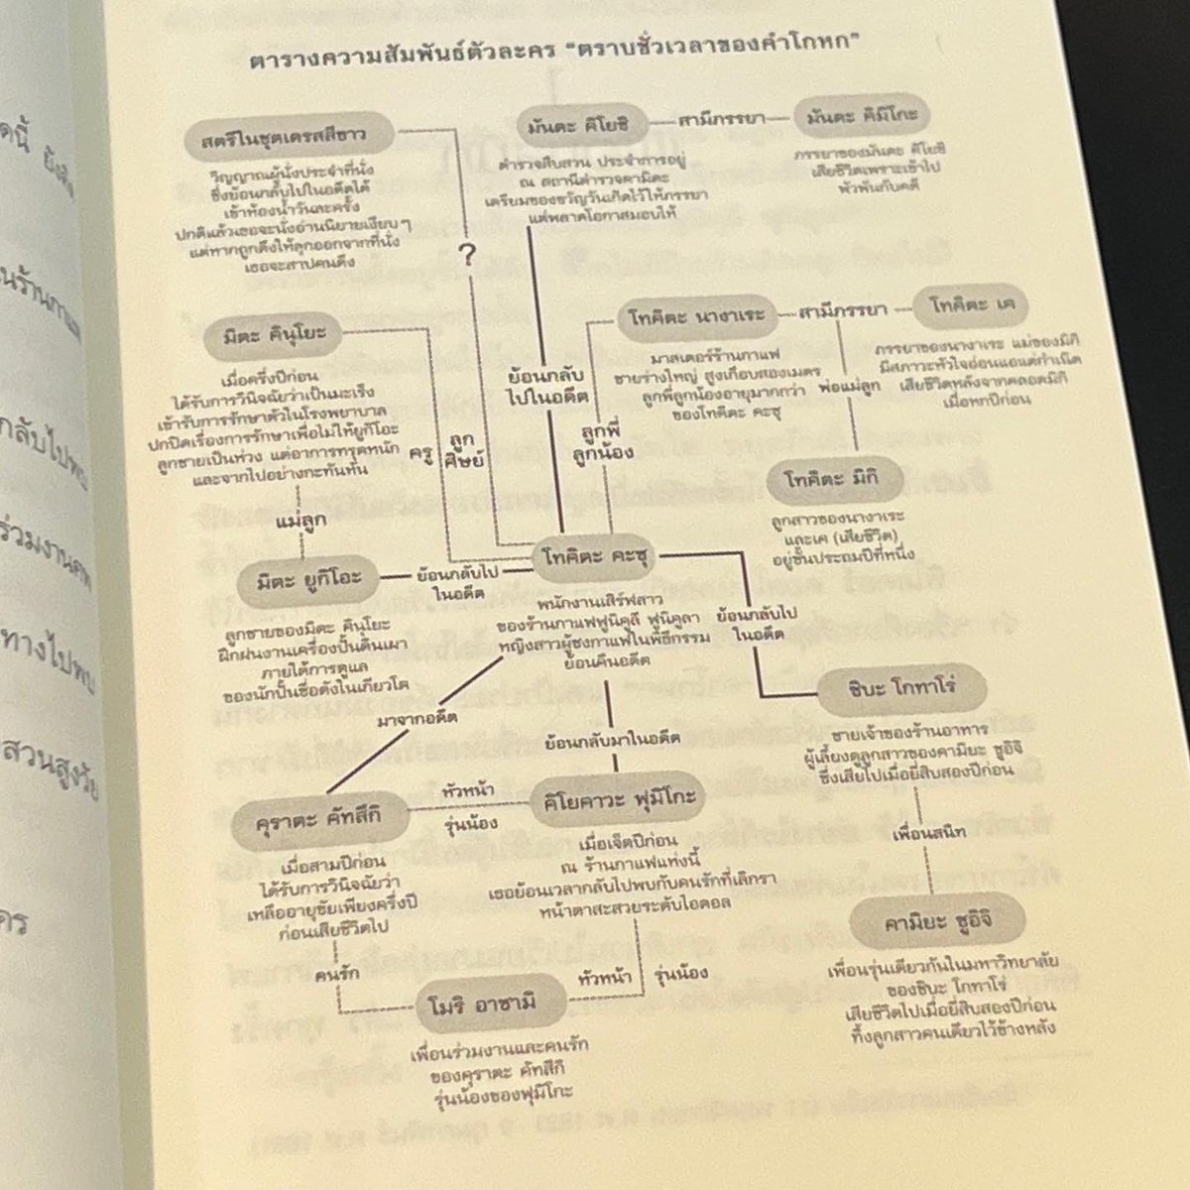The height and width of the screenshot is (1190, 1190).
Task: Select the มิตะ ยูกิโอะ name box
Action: click(307, 576)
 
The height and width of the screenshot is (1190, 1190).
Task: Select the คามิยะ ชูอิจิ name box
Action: click(922, 923)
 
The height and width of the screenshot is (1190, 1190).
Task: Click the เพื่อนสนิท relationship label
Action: click(928, 833)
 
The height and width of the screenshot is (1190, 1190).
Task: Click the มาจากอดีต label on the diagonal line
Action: click(410, 720)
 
